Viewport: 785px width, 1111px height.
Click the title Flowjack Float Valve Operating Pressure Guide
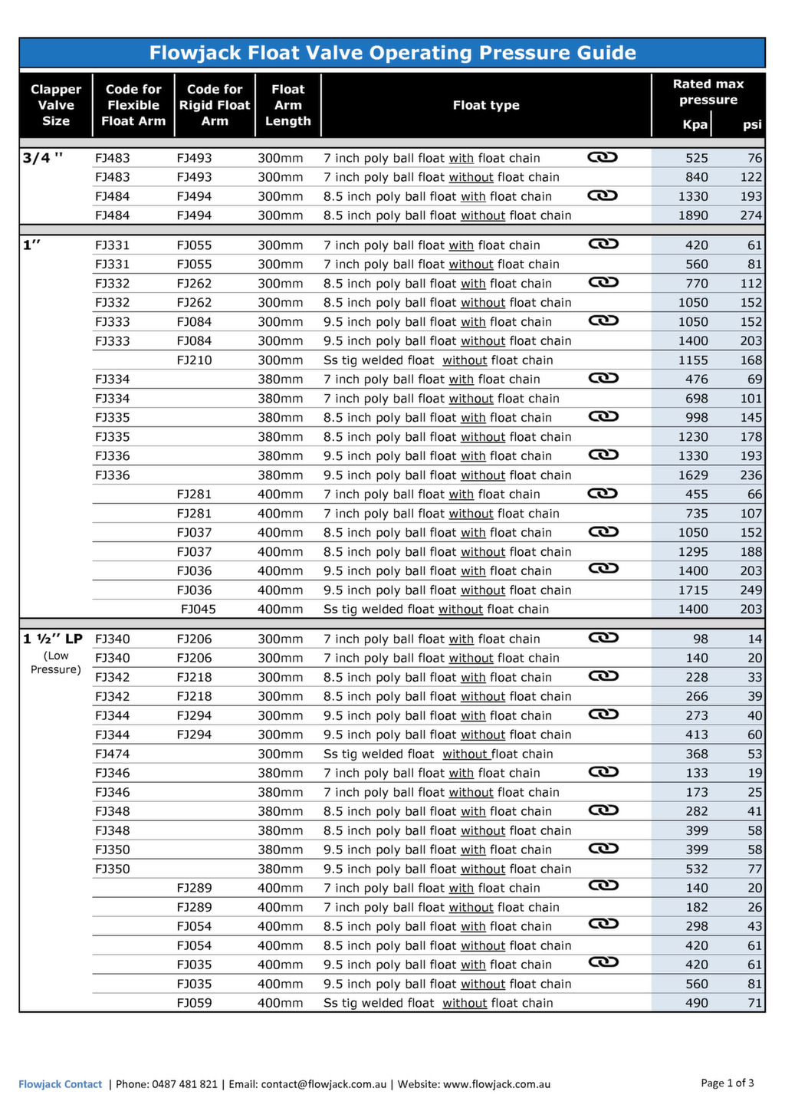pyautogui.click(x=392, y=53)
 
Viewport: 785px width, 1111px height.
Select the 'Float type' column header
pyautogui.click(x=486, y=106)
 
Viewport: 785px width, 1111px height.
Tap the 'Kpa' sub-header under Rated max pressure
pyautogui.click(x=695, y=125)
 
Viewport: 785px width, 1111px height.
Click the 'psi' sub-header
pyautogui.click(x=752, y=125)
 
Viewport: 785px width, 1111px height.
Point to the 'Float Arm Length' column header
pyautogui.click(x=287, y=106)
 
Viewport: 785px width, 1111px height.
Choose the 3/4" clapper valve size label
pyautogui.click(x=43, y=158)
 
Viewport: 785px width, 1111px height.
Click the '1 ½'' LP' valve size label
pyautogui.click(x=52, y=639)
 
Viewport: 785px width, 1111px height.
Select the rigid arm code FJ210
pyautogui.click(x=194, y=360)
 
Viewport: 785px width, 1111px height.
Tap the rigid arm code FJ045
pyautogui.click(x=198, y=610)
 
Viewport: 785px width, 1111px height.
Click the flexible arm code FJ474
pyautogui.click(x=112, y=754)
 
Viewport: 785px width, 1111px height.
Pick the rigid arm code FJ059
pyautogui.click(x=194, y=1004)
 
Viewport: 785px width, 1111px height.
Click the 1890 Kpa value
pyautogui.click(x=693, y=216)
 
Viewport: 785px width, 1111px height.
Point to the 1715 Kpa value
pyautogui.click(x=693, y=590)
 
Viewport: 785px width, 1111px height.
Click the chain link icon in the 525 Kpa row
pyautogui.click(x=603, y=157)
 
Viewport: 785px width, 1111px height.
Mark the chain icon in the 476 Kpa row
pyautogui.click(x=603, y=378)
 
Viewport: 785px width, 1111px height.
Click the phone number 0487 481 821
pyautogui.click(x=185, y=1084)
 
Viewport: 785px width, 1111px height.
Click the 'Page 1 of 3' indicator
pyautogui.click(x=727, y=1083)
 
